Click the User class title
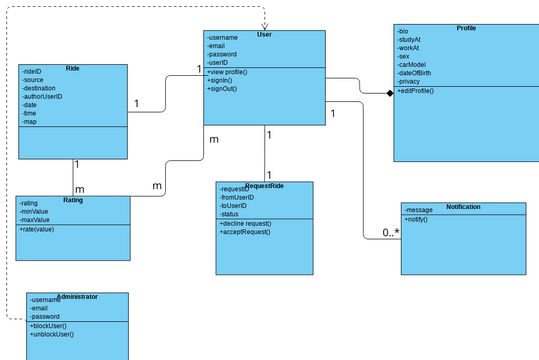coord(264,35)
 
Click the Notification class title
coord(463,207)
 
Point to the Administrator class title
coord(77,297)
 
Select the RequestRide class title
coord(264,186)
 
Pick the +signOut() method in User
coord(222,89)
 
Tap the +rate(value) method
coord(37,230)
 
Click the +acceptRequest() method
coord(245,232)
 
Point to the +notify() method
coord(418,219)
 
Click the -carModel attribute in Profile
coord(414,63)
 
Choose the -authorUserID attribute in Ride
coord(42,96)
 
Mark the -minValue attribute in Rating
coord(35,211)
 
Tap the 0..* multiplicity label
coord(390,233)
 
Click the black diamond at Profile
coord(390,93)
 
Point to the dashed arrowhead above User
coord(265,26)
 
